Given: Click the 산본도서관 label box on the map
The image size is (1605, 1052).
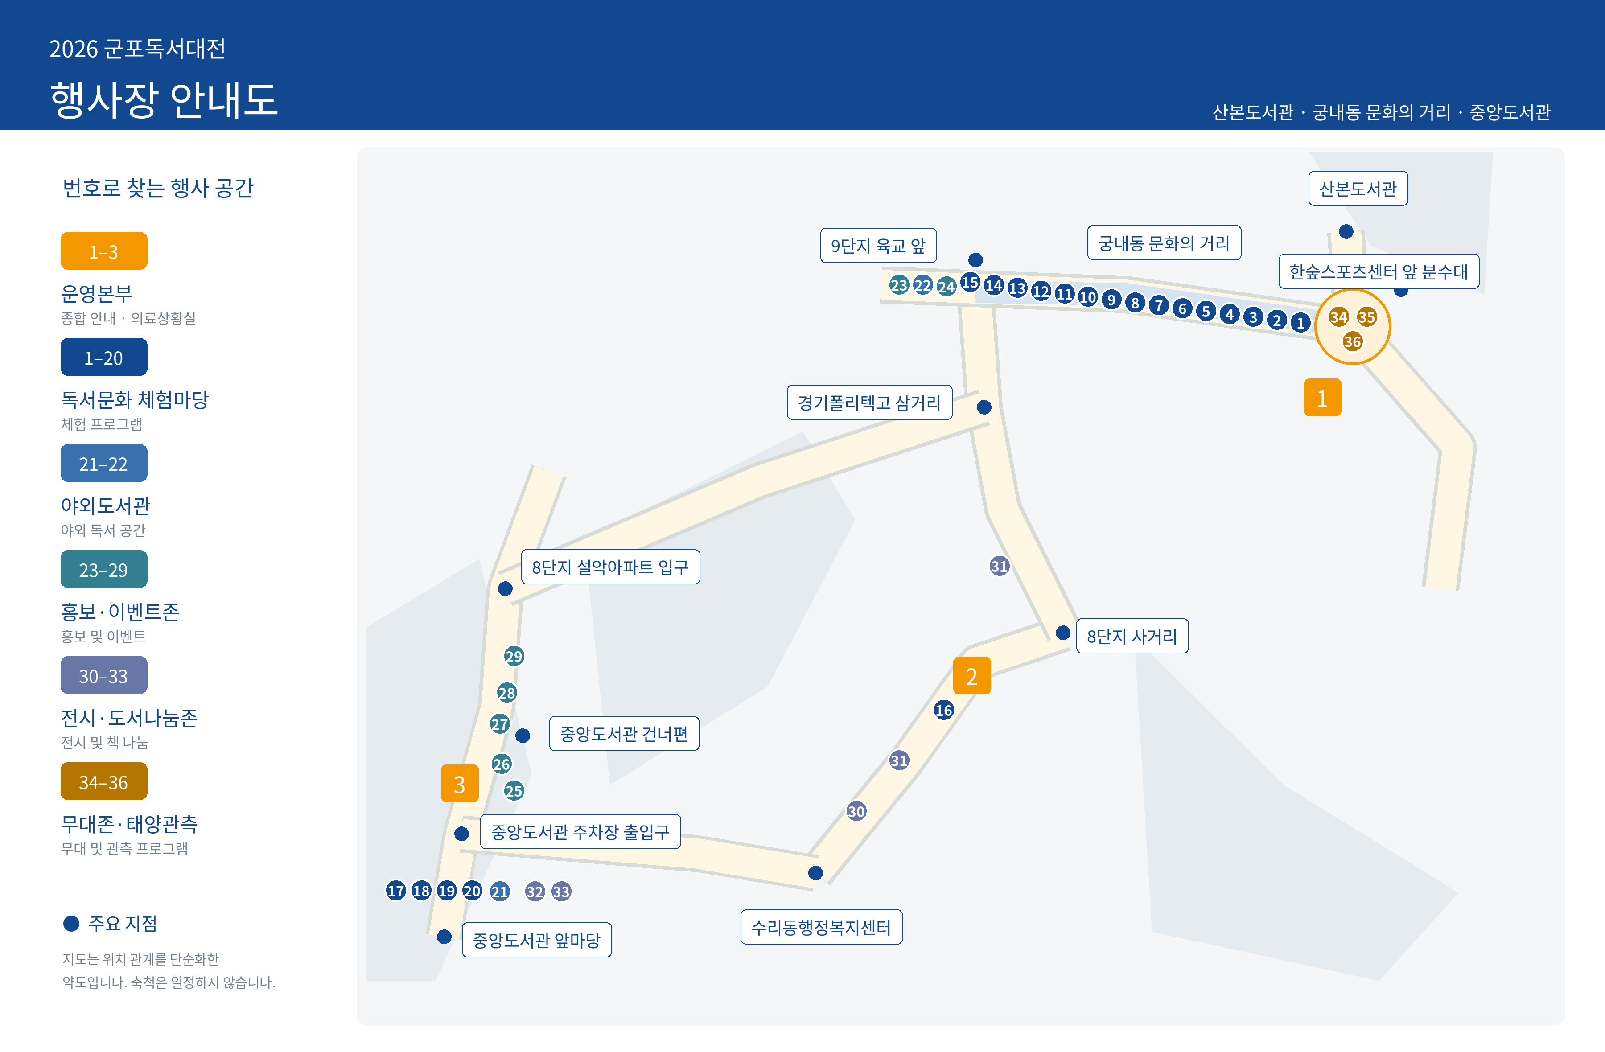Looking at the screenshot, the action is click(x=1358, y=188).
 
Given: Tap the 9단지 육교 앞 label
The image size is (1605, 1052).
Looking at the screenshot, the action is click(x=878, y=246).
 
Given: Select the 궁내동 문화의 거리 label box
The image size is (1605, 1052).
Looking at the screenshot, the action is click(x=1164, y=243).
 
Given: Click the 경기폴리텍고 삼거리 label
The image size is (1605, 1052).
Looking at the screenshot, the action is click(x=869, y=403).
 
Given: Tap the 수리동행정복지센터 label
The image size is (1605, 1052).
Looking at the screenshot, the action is click(x=821, y=927).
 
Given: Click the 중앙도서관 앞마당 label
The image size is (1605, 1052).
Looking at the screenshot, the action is click(x=536, y=940).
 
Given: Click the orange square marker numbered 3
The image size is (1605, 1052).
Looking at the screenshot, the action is click(x=459, y=784).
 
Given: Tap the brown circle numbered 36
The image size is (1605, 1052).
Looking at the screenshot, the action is click(x=1352, y=342).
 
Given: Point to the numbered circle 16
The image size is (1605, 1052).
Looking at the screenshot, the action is click(x=943, y=710).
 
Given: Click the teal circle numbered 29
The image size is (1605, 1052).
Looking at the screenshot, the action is click(x=514, y=656).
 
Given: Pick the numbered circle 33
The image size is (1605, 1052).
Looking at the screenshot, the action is click(x=561, y=892).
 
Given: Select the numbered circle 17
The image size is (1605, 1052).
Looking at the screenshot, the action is click(x=396, y=891).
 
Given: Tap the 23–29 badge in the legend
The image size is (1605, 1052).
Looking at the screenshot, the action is click(x=104, y=569).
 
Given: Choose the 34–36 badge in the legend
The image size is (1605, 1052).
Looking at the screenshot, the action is click(x=104, y=781).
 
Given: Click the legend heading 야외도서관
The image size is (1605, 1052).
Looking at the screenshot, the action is click(x=105, y=506).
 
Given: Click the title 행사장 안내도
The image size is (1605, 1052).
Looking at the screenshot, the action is click(x=164, y=100).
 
